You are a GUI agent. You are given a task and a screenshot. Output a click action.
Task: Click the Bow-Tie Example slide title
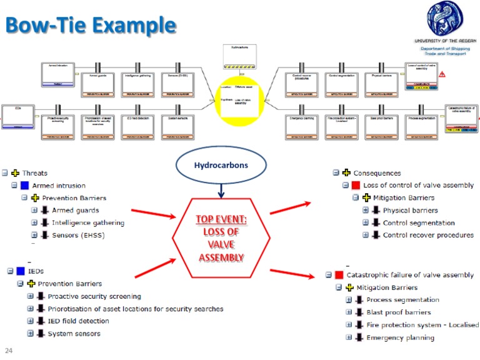click(x=90, y=26)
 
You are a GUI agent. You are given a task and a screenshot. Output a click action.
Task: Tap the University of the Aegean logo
click(x=446, y=19)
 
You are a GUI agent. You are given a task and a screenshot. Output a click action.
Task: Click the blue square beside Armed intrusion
click(x=24, y=186)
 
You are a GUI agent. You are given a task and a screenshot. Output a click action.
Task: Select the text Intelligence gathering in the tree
click(x=88, y=222)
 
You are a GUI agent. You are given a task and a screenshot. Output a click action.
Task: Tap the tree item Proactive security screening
click(x=94, y=296)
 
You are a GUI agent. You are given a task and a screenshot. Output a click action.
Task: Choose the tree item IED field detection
click(x=78, y=321)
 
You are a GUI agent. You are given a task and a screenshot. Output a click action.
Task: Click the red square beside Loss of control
click(x=356, y=186)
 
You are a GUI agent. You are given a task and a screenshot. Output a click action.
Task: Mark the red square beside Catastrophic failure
click(x=339, y=275)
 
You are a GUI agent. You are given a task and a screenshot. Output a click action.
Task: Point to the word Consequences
click(x=377, y=173)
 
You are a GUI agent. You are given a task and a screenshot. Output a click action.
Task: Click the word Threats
click(x=34, y=173)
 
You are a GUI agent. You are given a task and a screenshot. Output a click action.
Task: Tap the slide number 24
click(x=9, y=351)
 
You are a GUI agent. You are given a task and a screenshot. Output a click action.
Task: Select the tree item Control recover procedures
click(x=428, y=235)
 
